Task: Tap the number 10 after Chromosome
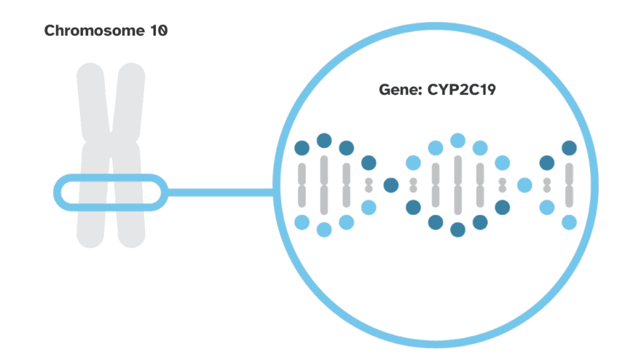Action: [x=158, y=31]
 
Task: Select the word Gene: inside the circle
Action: [x=400, y=90]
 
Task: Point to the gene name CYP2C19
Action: [x=463, y=90]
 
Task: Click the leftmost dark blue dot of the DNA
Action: [x=302, y=149]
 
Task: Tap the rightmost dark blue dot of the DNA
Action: [x=569, y=149]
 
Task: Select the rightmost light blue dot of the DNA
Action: [x=569, y=222]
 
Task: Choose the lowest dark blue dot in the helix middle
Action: [x=458, y=229]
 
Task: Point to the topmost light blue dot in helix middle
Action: [x=458, y=140]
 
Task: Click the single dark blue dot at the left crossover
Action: [x=391, y=185]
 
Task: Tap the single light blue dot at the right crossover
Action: [x=525, y=185]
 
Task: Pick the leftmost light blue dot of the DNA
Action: [x=302, y=222]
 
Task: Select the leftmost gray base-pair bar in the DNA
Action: [x=302, y=185]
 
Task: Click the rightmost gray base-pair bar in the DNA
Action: [x=569, y=185]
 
